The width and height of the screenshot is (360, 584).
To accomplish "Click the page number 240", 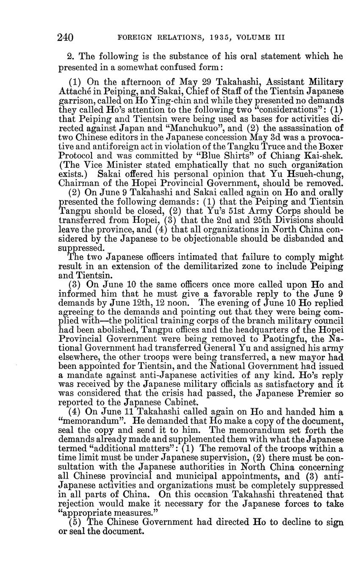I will click(x=66, y=37).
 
